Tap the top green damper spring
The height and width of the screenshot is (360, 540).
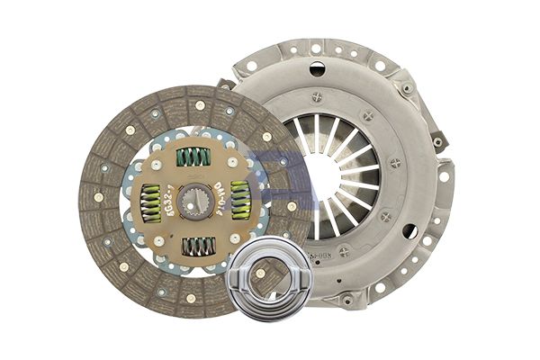tap(193, 157)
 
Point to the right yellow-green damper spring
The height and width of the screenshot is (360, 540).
tap(239, 200)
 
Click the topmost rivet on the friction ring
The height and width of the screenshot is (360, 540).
tap(200, 104)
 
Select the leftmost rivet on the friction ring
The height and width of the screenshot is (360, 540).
tap(97, 196)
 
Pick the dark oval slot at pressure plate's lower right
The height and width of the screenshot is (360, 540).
tap(410, 232)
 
